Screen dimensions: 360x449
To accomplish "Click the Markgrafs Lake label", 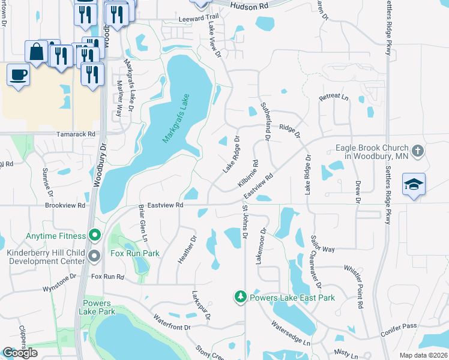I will [176, 118].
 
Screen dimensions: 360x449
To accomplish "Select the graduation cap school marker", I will [414, 184].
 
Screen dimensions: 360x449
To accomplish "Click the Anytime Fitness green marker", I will [94, 233].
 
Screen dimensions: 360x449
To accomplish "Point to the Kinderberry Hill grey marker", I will [94, 257].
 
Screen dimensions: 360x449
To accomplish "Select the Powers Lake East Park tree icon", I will [240, 297].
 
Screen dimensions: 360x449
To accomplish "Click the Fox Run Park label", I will [135, 253].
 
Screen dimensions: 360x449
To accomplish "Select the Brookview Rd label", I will [65, 205].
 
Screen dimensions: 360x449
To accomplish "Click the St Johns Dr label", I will [244, 223].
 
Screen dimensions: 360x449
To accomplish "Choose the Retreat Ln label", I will [334, 96].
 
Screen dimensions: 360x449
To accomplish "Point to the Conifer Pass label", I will [398, 326].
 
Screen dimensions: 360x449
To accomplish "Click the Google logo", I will [20, 353].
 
